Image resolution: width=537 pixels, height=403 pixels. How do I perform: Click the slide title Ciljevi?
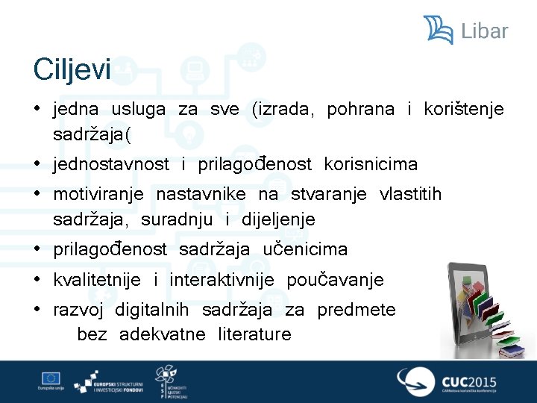pos(72,71)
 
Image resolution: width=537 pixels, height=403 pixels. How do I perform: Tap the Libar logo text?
pos(484,31)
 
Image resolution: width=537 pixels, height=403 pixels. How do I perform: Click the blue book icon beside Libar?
pos(439,30)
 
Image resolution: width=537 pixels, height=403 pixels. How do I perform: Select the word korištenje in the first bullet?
pos(463,110)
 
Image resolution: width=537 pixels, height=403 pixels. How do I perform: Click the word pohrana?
pos(360,110)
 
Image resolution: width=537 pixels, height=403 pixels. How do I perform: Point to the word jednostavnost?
pos(111,164)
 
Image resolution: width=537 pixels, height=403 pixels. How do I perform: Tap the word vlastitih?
pos(410,195)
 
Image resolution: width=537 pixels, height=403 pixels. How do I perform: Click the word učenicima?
pos(305,249)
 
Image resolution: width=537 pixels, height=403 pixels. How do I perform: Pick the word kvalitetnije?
pos(97,280)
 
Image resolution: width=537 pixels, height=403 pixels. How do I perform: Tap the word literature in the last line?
pos(254,334)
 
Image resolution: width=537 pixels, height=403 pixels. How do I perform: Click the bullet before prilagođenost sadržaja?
pos(37,249)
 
